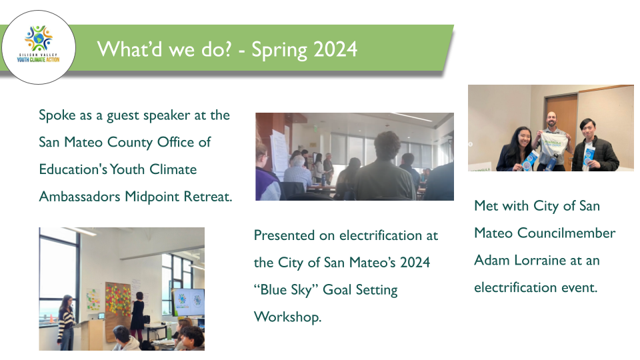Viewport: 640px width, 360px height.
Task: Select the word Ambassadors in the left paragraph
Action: click(79, 196)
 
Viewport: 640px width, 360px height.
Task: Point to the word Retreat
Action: click(208, 196)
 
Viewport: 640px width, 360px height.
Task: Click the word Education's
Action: click(73, 169)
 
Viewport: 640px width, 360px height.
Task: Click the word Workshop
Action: click(288, 317)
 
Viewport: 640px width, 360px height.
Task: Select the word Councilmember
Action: click(566, 233)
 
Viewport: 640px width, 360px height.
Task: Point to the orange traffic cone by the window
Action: click(51, 319)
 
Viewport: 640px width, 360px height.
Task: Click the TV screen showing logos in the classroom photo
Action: click(189, 301)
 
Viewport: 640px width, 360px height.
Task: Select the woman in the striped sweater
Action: click(66, 323)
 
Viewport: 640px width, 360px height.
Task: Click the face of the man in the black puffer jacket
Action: click(589, 128)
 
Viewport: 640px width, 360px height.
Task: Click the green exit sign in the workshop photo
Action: click(316, 129)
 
